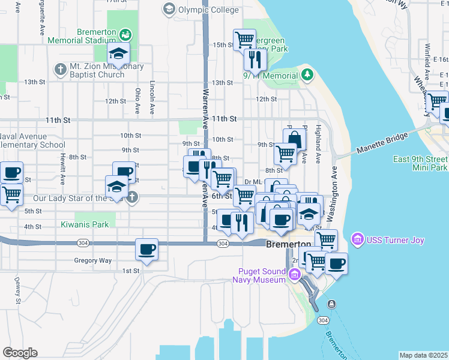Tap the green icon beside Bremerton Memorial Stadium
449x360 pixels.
(125, 34)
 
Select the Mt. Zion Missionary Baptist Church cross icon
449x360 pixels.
(59, 69)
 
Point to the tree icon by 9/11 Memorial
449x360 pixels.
(307, 74)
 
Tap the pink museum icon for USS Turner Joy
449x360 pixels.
(358, 240)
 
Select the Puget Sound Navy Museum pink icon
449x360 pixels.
(294, 275)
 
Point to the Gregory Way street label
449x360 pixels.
(92, 260)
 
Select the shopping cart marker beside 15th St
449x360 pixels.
(244, 40)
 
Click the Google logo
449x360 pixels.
(20, 353)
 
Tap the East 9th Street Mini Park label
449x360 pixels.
(420, 163)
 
